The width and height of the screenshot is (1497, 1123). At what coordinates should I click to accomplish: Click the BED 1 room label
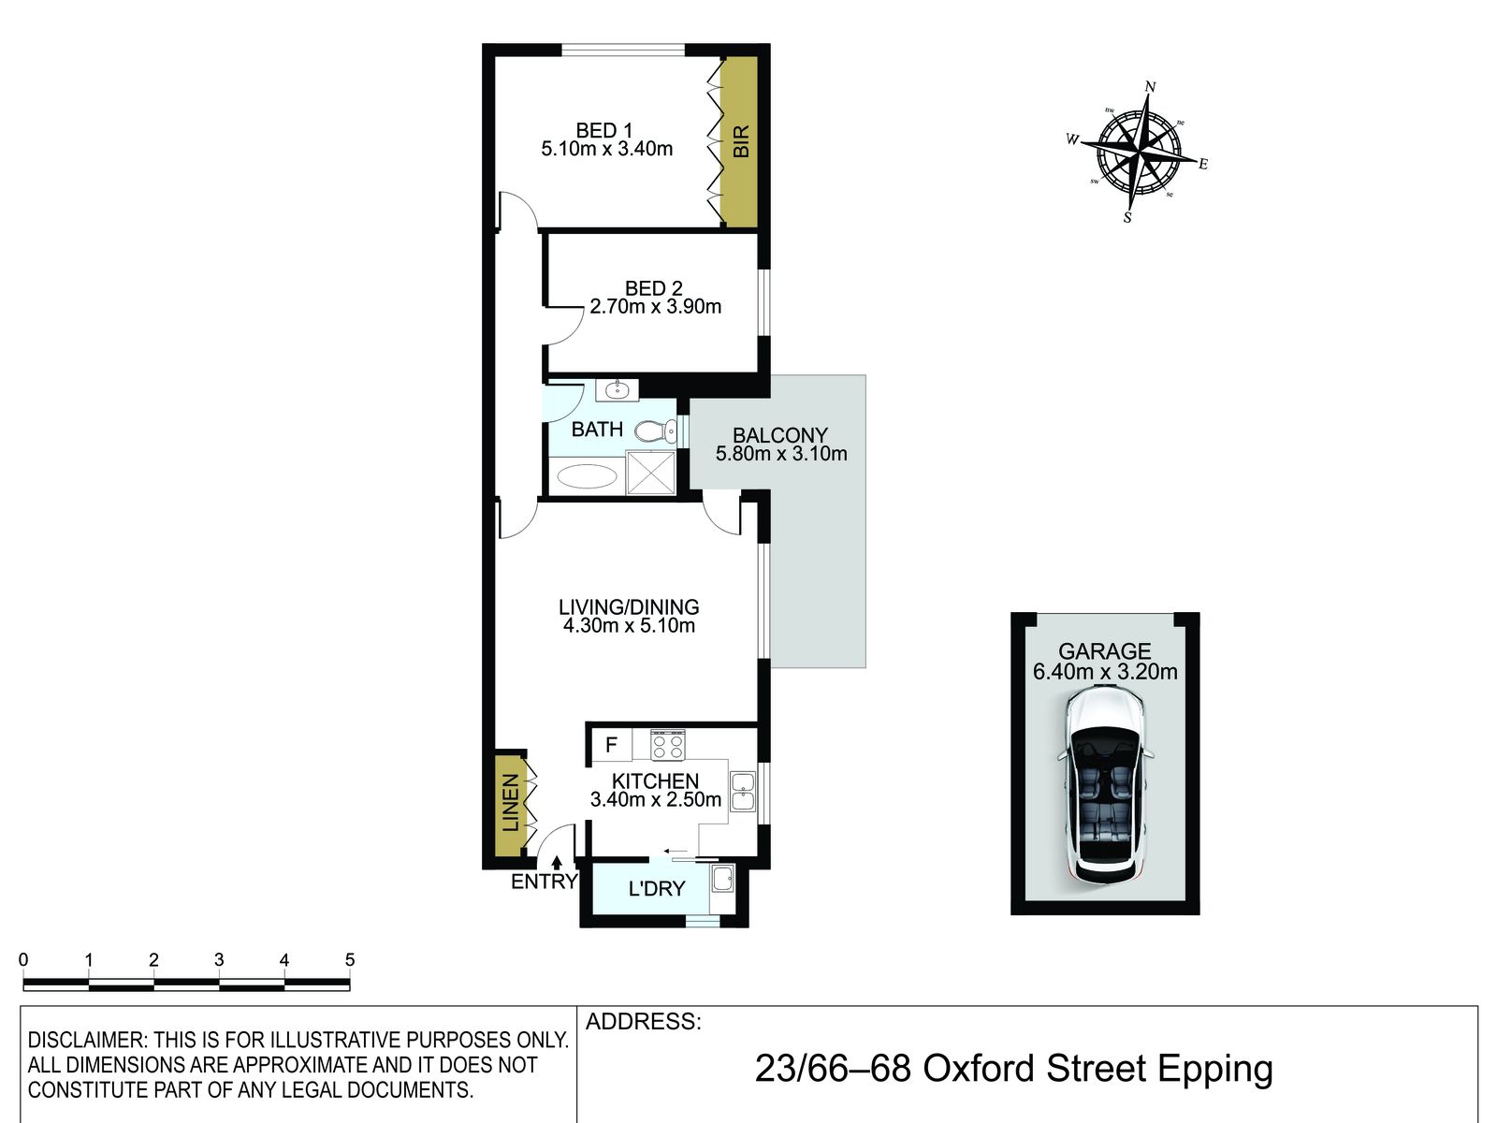[x=604, y=130]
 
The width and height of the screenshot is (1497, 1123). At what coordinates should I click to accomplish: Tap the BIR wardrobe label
[x=741, y=141]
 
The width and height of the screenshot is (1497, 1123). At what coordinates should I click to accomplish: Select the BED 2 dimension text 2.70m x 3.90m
[x=656, y=307]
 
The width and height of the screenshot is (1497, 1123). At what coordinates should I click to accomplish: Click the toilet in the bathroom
[x=656, y=430]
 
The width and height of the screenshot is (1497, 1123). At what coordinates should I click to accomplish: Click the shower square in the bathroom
[x=650, y=472]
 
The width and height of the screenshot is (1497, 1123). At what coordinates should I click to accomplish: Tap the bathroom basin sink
[x=618, y=390]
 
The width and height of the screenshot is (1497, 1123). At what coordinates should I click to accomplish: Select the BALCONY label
[x=780, y=435]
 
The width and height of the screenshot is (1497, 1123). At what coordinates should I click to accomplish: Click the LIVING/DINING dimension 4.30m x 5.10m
[x=629, y=625]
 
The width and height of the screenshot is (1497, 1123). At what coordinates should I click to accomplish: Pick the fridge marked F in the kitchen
[x=611, y=744]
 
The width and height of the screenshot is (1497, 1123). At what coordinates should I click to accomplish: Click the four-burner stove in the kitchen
[x=668, y=745]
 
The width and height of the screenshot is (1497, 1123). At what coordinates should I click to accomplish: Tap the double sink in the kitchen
[x=743, y=791]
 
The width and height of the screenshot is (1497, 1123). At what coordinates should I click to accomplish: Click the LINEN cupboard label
[x=510, y=803]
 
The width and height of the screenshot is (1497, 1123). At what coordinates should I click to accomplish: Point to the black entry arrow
[x=557, y=863]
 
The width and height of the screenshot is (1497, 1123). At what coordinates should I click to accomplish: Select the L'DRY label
[x=656, y=888]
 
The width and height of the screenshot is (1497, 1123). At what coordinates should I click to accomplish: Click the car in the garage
[x=1104, y=785]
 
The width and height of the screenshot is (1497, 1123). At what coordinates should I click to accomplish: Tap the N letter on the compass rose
[x=1150, y=87]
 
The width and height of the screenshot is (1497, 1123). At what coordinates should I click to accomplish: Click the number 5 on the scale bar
[x=350, y=960]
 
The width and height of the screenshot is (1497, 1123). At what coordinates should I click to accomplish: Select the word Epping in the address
[x=1215, y=1069]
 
